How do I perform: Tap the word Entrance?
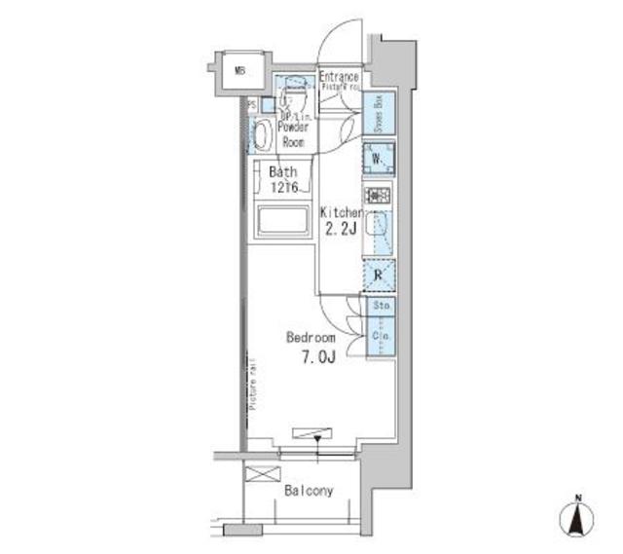coord(339,77)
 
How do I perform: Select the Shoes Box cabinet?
coord(380,114)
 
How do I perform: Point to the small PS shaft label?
coord(251,105)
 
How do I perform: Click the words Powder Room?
coord(292,133)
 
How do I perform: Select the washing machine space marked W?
coord(379,159)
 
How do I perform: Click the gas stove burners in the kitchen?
coord(378,195)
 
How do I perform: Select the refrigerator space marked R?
coord(378,277)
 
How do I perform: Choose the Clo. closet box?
coord(381,336)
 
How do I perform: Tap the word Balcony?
coord(308,491)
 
